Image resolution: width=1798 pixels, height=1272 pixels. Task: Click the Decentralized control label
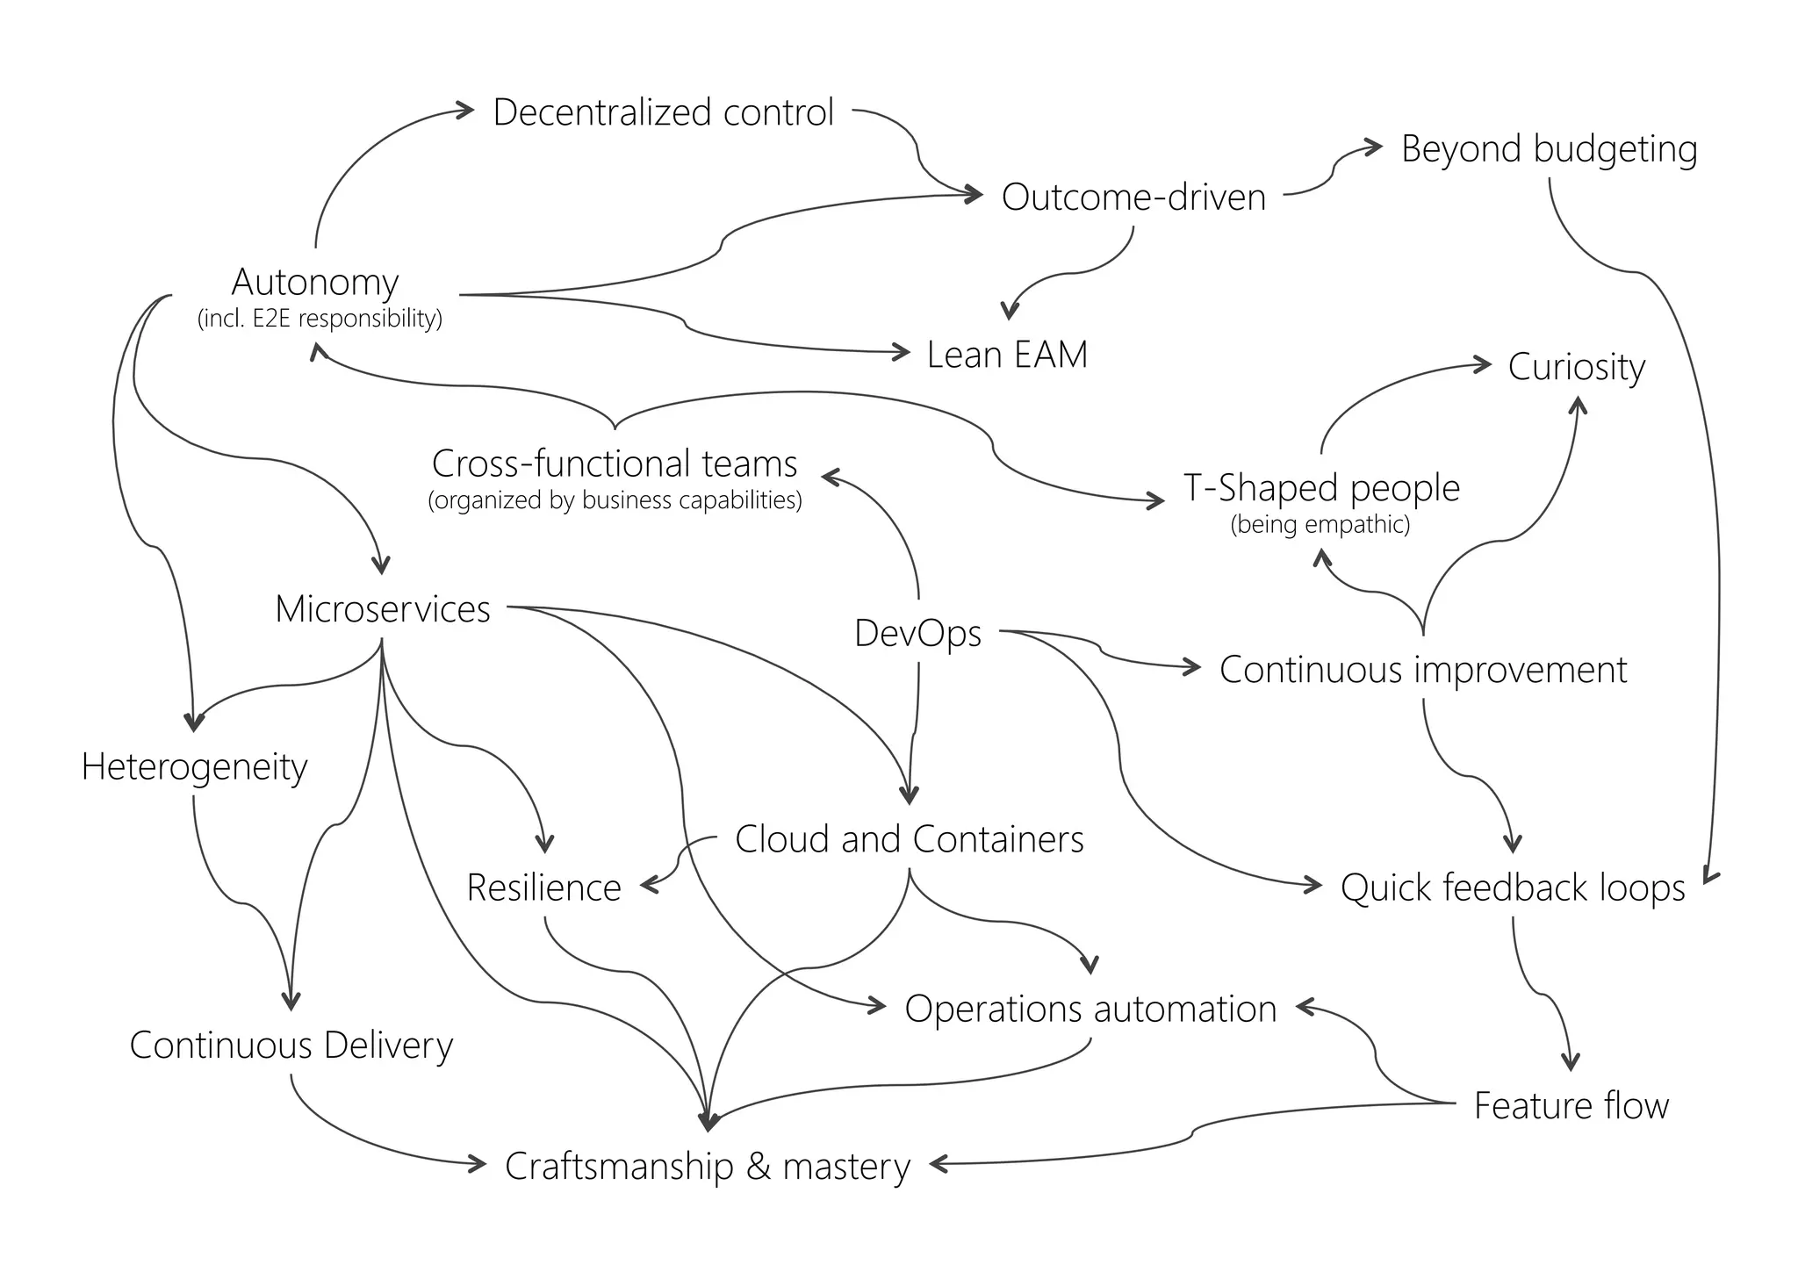coord(663,112)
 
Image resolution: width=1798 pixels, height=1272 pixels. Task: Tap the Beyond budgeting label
coord(1549,148)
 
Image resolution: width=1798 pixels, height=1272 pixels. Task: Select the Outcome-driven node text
coord(1133,197)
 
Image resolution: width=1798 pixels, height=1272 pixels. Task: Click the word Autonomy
coord(315,282)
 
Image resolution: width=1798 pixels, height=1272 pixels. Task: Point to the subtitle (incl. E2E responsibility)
coord(320,318)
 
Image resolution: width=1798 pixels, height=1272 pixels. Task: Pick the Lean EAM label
coord(1007,355)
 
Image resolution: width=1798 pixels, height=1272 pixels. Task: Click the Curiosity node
coord(1576,367)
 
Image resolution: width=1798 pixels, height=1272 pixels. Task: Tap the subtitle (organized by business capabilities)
coord(615,500)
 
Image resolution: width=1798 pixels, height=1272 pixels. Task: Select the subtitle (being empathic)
coord(1320,525)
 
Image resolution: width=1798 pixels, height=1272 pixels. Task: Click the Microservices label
coord(383,609)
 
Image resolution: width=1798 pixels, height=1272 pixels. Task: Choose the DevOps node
coord(917,633)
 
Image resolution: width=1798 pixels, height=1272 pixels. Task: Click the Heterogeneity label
coord(194,767)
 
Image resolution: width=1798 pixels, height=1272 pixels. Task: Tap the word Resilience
coord(543,888)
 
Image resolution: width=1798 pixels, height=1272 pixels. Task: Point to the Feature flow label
coord(1571,1105)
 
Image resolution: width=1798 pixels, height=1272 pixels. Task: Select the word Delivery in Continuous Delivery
coord(388,1046)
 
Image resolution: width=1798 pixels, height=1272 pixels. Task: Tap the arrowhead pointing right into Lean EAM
coord(903,352)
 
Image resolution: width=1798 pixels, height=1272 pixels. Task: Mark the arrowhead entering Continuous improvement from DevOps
coord(1194,667)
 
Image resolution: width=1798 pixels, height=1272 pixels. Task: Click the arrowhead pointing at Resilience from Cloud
coord(649,886)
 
